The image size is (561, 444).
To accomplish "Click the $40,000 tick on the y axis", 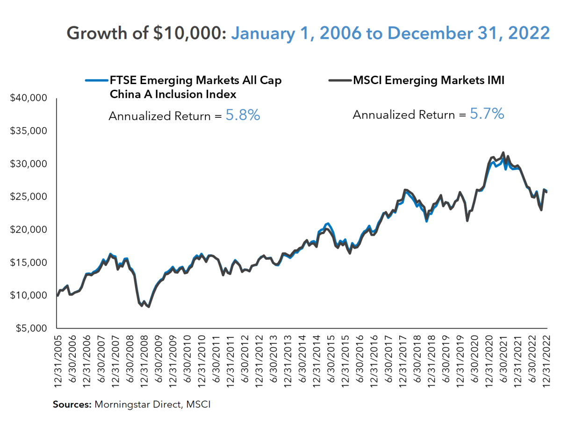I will coord(29,98).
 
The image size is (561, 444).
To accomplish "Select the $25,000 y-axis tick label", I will coord(29,197).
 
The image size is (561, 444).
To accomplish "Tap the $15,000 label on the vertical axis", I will coord(29,263).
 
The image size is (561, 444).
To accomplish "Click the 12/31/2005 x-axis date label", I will coord(58,359).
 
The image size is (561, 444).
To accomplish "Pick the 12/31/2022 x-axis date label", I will coord(546,359).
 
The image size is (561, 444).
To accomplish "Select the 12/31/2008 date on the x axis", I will coord(144,359).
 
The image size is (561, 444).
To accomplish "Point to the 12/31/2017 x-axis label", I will coord(403,359).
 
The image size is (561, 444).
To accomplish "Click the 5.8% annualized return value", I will coord(243,115).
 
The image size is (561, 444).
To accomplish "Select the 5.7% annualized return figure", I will coord(487,114).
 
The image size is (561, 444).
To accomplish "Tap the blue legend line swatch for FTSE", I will coord(96,80).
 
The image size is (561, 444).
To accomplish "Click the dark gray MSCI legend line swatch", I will coord(339,80).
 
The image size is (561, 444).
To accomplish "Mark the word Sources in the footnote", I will coord(72,404).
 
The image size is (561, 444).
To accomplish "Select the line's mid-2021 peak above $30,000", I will coord(503,152).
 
